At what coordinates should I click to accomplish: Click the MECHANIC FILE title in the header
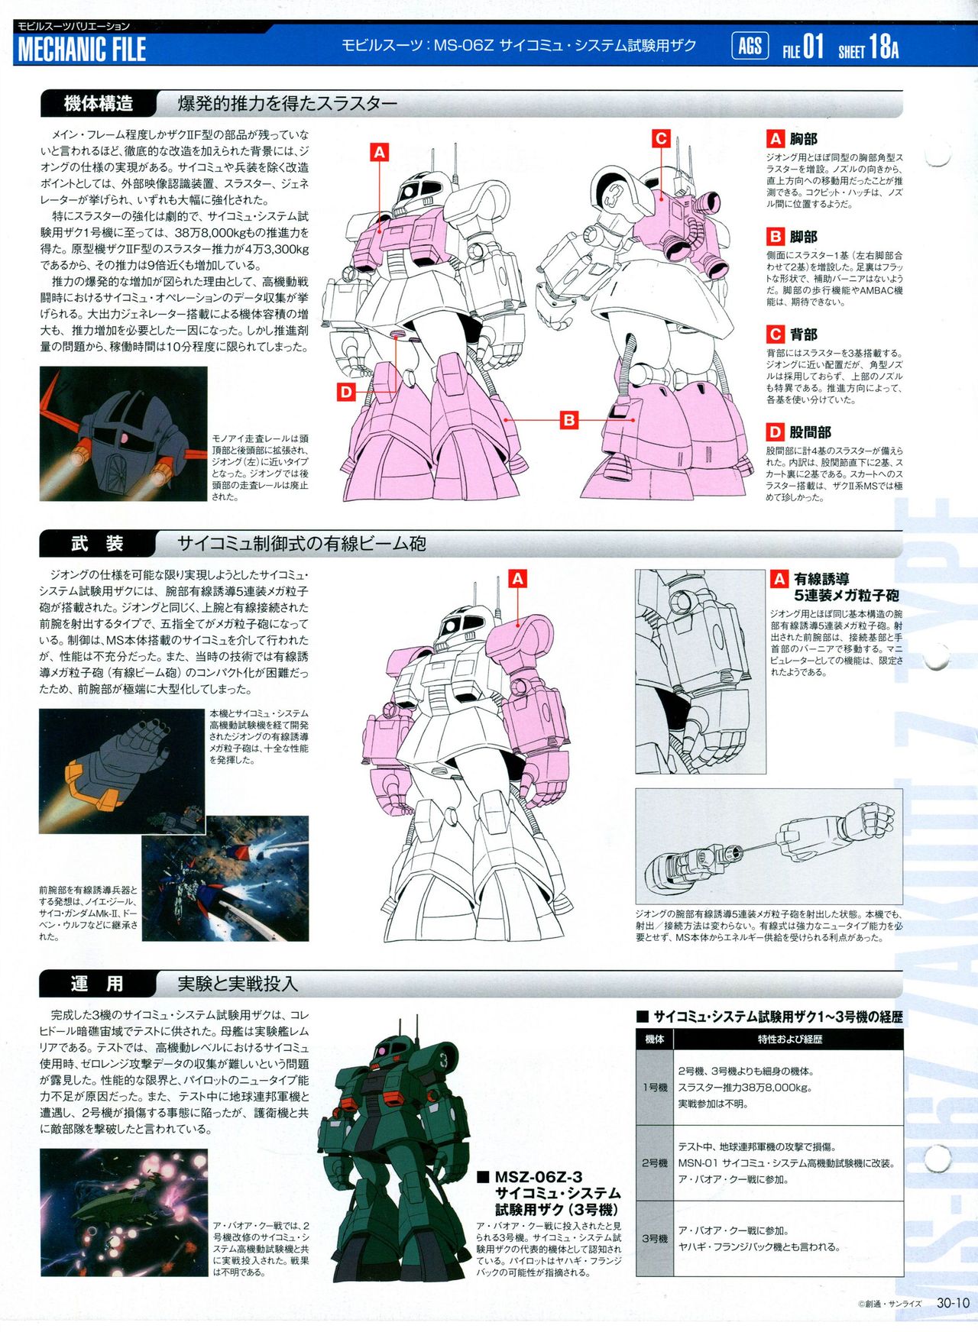tap(82, 50)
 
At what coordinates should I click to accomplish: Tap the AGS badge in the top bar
tap(750, 47)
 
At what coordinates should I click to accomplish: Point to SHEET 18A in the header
tap(868, 48)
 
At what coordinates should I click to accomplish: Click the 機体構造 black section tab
tap(99, 103)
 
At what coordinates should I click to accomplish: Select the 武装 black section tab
tap(97, 544)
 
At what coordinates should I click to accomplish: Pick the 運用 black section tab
tap(97, 984)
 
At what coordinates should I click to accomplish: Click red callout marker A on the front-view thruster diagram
tap(380, 152)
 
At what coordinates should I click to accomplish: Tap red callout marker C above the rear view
tap(662, 138)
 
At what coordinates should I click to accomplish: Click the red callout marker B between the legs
tap(568, 419)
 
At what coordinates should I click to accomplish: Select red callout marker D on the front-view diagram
tap(347, 393)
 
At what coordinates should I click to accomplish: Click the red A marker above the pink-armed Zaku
tap(518, 578)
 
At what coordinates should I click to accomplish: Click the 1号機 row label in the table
tap(655, 1087)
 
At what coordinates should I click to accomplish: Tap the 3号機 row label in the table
tap(655, 1238)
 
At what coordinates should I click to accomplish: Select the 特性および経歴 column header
tap(789, 1039)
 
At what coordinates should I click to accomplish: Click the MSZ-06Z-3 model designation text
tap(539, 1177)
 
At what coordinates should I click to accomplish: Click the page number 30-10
tap(954, 1304)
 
